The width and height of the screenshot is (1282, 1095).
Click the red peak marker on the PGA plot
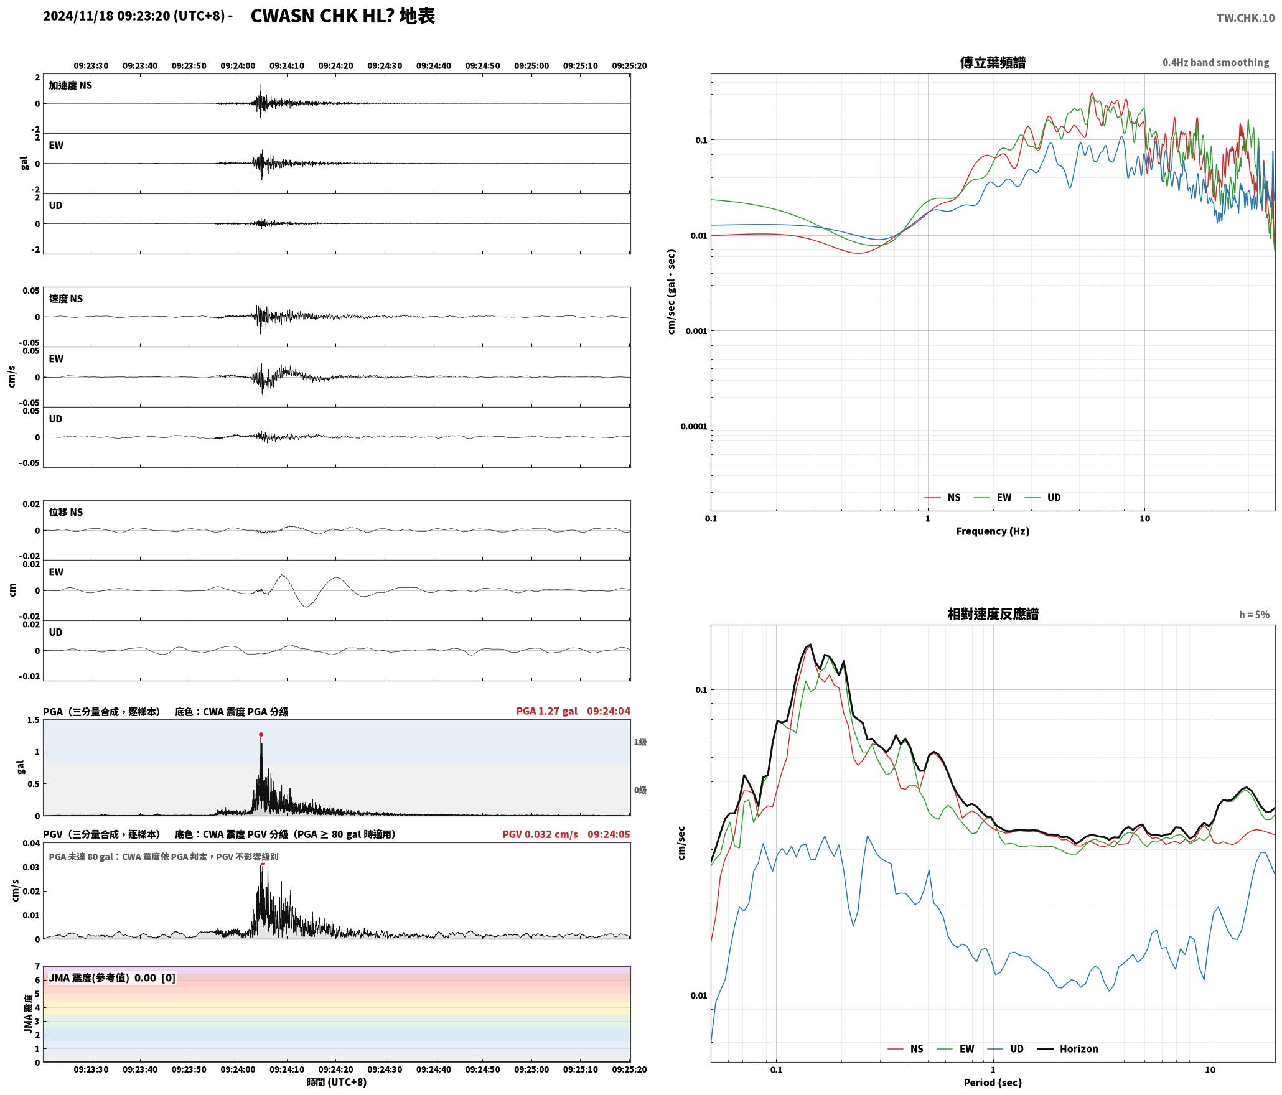pos(261,735)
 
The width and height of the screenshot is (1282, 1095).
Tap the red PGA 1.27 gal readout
pos(546,711)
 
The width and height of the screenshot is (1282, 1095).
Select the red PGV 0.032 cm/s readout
pos(540,834)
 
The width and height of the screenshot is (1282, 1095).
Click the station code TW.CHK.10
pos(1245,18)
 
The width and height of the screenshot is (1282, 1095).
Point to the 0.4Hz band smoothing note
pos(1215,63)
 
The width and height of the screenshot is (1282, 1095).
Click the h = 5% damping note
pos(1254,615)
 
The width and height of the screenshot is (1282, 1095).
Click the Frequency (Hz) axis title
pos(993,531)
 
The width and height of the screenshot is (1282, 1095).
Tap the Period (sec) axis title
pos(993,1083)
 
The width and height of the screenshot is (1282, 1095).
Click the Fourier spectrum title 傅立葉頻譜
pos(993,63)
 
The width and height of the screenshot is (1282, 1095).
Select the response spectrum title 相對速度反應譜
pos(993,614)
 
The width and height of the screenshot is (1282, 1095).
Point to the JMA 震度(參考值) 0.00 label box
pos(112,978)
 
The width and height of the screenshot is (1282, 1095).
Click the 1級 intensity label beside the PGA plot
pos(640,742)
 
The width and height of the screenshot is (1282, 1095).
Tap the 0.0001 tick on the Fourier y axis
pos(693,427)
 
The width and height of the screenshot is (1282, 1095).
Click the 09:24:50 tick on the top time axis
pos(482,66)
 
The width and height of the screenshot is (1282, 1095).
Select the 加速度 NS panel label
pos(70,86)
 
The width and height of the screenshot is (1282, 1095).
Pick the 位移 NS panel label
pos(66,513)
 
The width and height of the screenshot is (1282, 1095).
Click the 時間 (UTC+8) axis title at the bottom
pos(336,1083)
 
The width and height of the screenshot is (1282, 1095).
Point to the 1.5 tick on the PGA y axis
pos(33,720)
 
